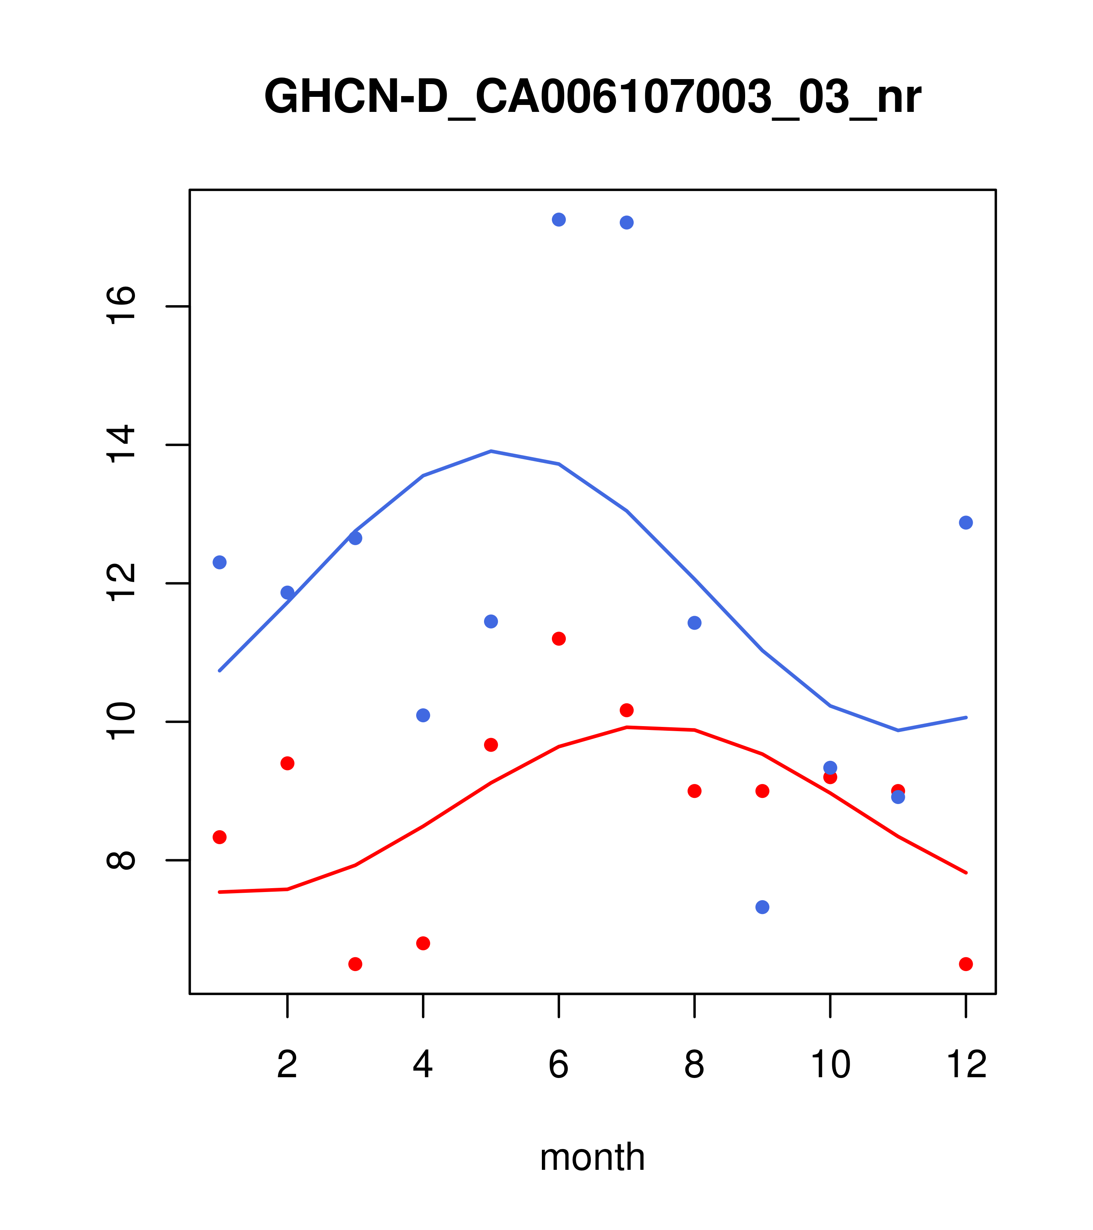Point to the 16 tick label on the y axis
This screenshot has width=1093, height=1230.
point(121,306)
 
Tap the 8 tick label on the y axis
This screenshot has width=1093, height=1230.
point(121,860)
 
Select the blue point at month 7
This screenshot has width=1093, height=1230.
point(626,223)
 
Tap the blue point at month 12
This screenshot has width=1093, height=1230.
point(965,522)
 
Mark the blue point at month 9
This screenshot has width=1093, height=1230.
point(762,907)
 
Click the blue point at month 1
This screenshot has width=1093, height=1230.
point(219,562)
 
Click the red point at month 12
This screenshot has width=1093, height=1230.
point(965,964)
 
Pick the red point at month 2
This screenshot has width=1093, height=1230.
point(288,763)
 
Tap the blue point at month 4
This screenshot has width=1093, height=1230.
point(423,715)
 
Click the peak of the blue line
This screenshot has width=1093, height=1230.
point(491,451)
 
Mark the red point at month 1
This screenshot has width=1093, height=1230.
point(219,837)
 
